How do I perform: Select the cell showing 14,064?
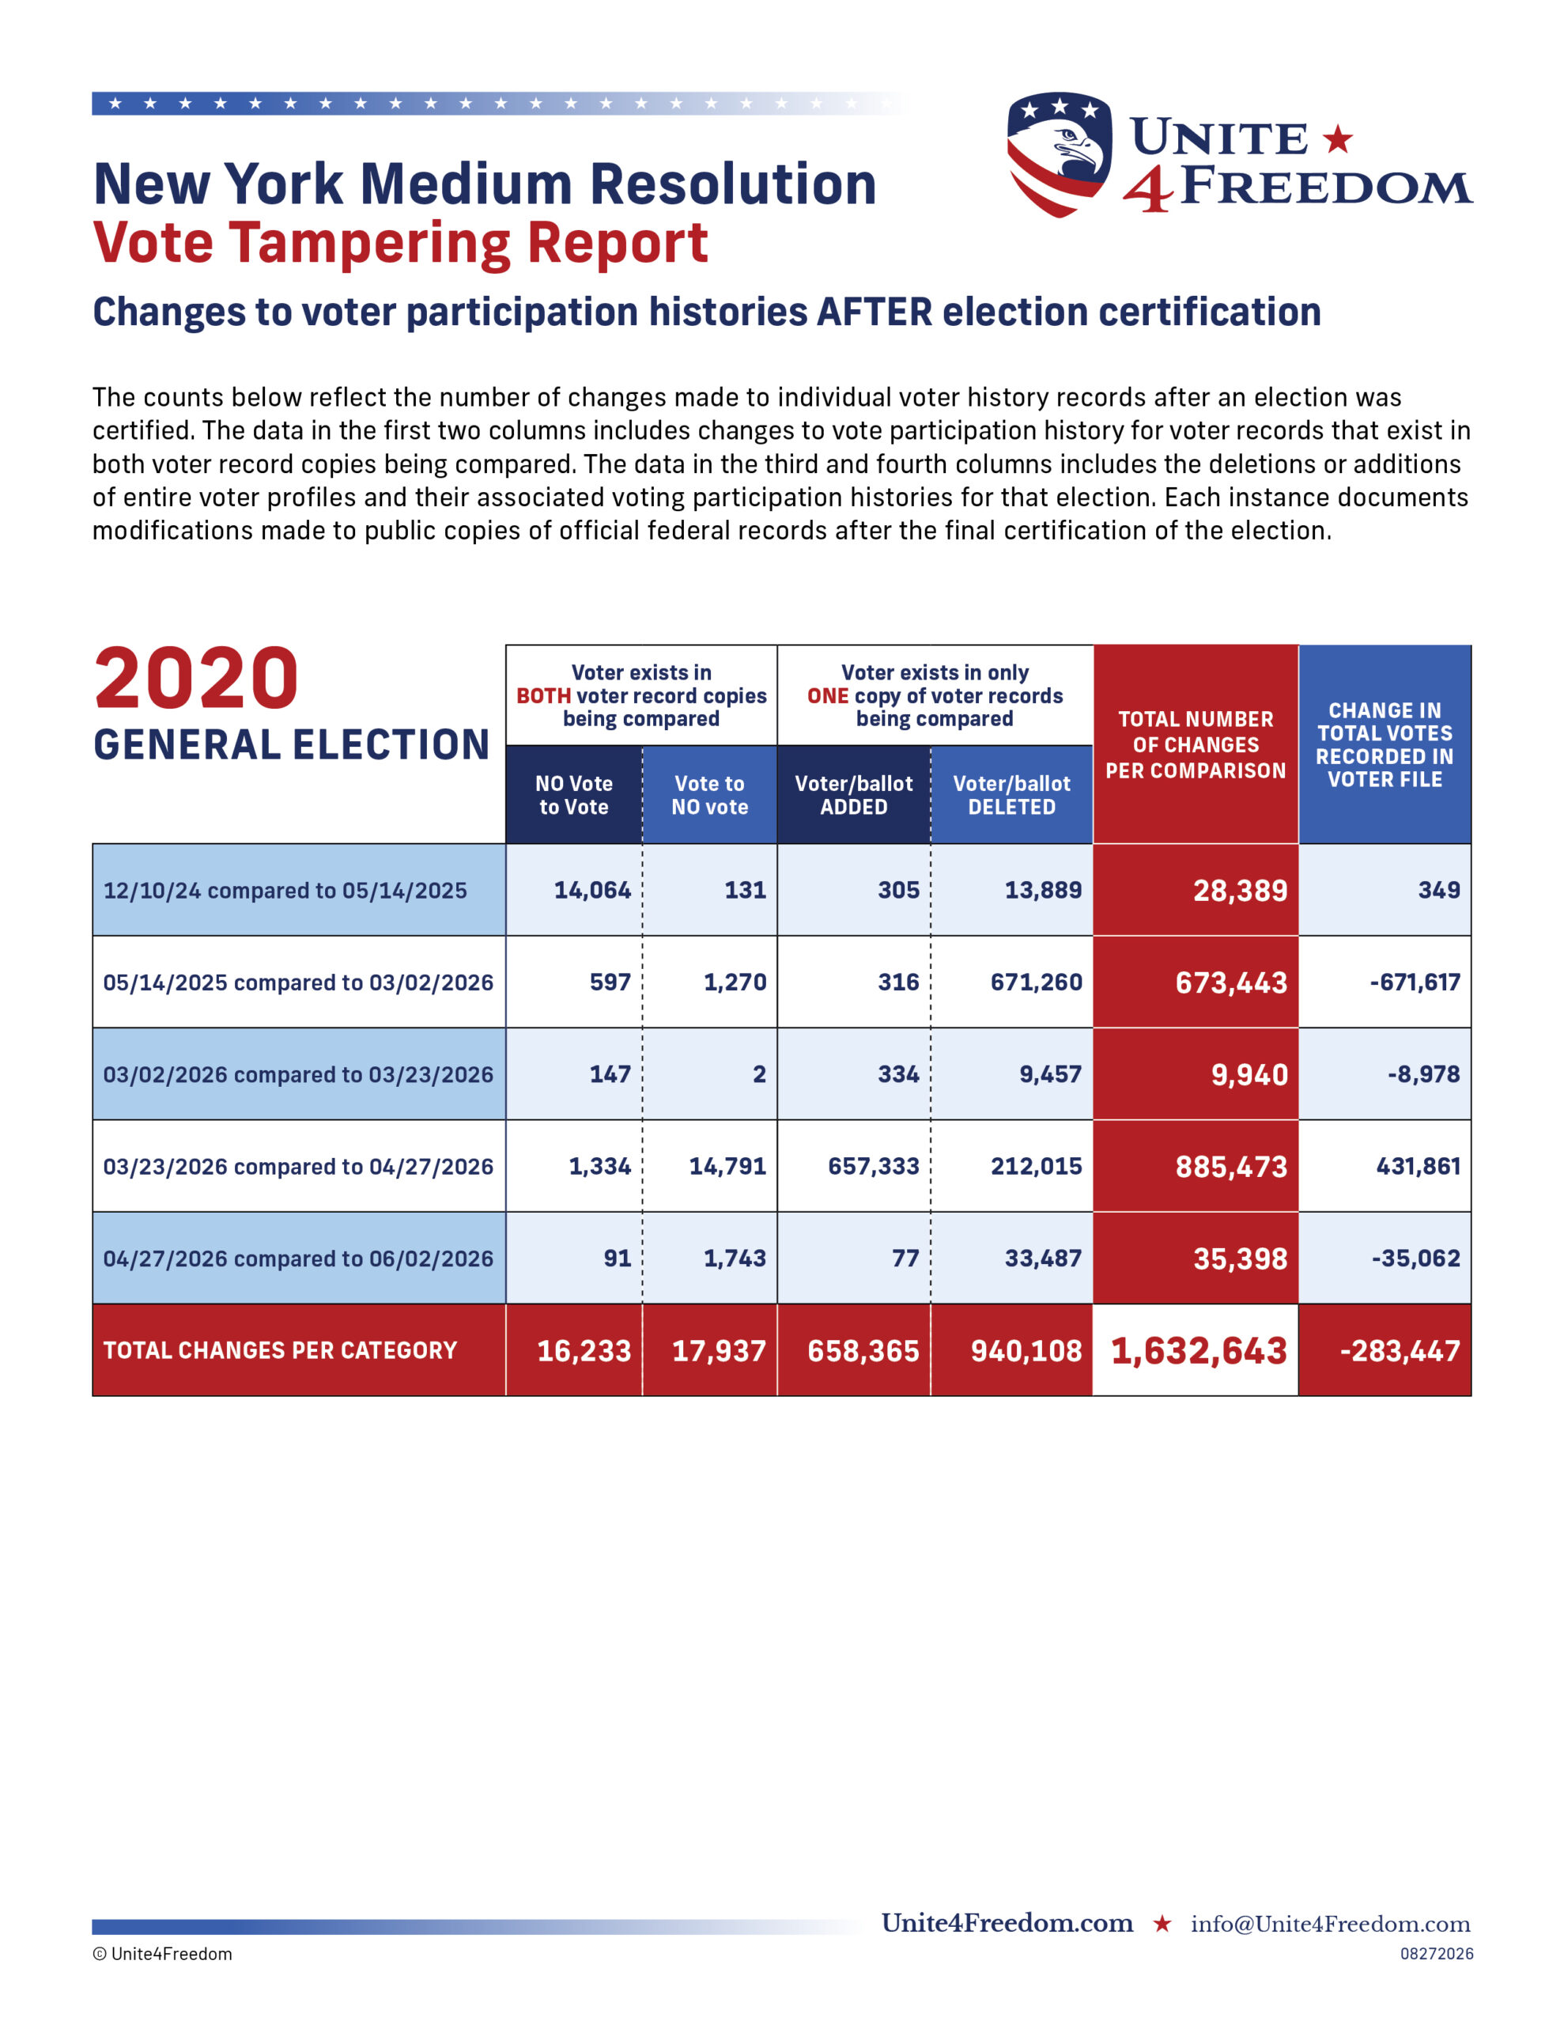[x=591, y=890]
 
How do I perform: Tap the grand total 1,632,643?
[x=1198, y=1350]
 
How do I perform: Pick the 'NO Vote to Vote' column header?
[x=574, y=795]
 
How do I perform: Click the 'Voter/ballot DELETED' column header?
[x=1011, y=795]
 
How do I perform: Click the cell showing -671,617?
[x=1415, y=982]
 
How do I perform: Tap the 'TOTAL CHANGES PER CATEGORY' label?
[x=280, y=1350]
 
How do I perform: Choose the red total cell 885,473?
[x=1231, y=1167]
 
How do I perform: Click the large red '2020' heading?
[x=197, y=678]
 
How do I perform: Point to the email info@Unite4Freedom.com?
[x=1331, y=1924]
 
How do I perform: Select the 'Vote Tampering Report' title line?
[x=401, y=243]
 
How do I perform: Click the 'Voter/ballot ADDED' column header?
[x=854, y=795]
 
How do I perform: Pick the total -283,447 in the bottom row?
[x=1400, y=1351]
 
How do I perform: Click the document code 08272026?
[x=1436, y=1954]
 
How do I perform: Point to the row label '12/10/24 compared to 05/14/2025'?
[x=285, y=890]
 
